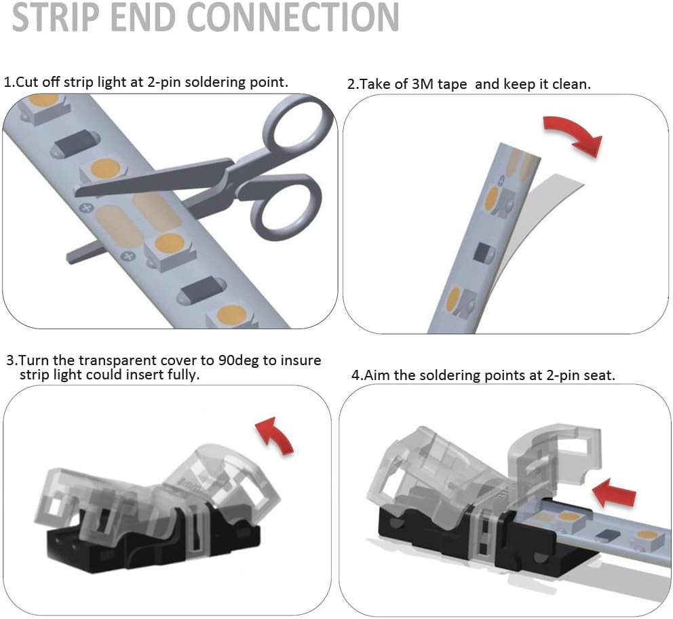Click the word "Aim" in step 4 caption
(377, 375)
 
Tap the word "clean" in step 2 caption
(571, 84)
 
